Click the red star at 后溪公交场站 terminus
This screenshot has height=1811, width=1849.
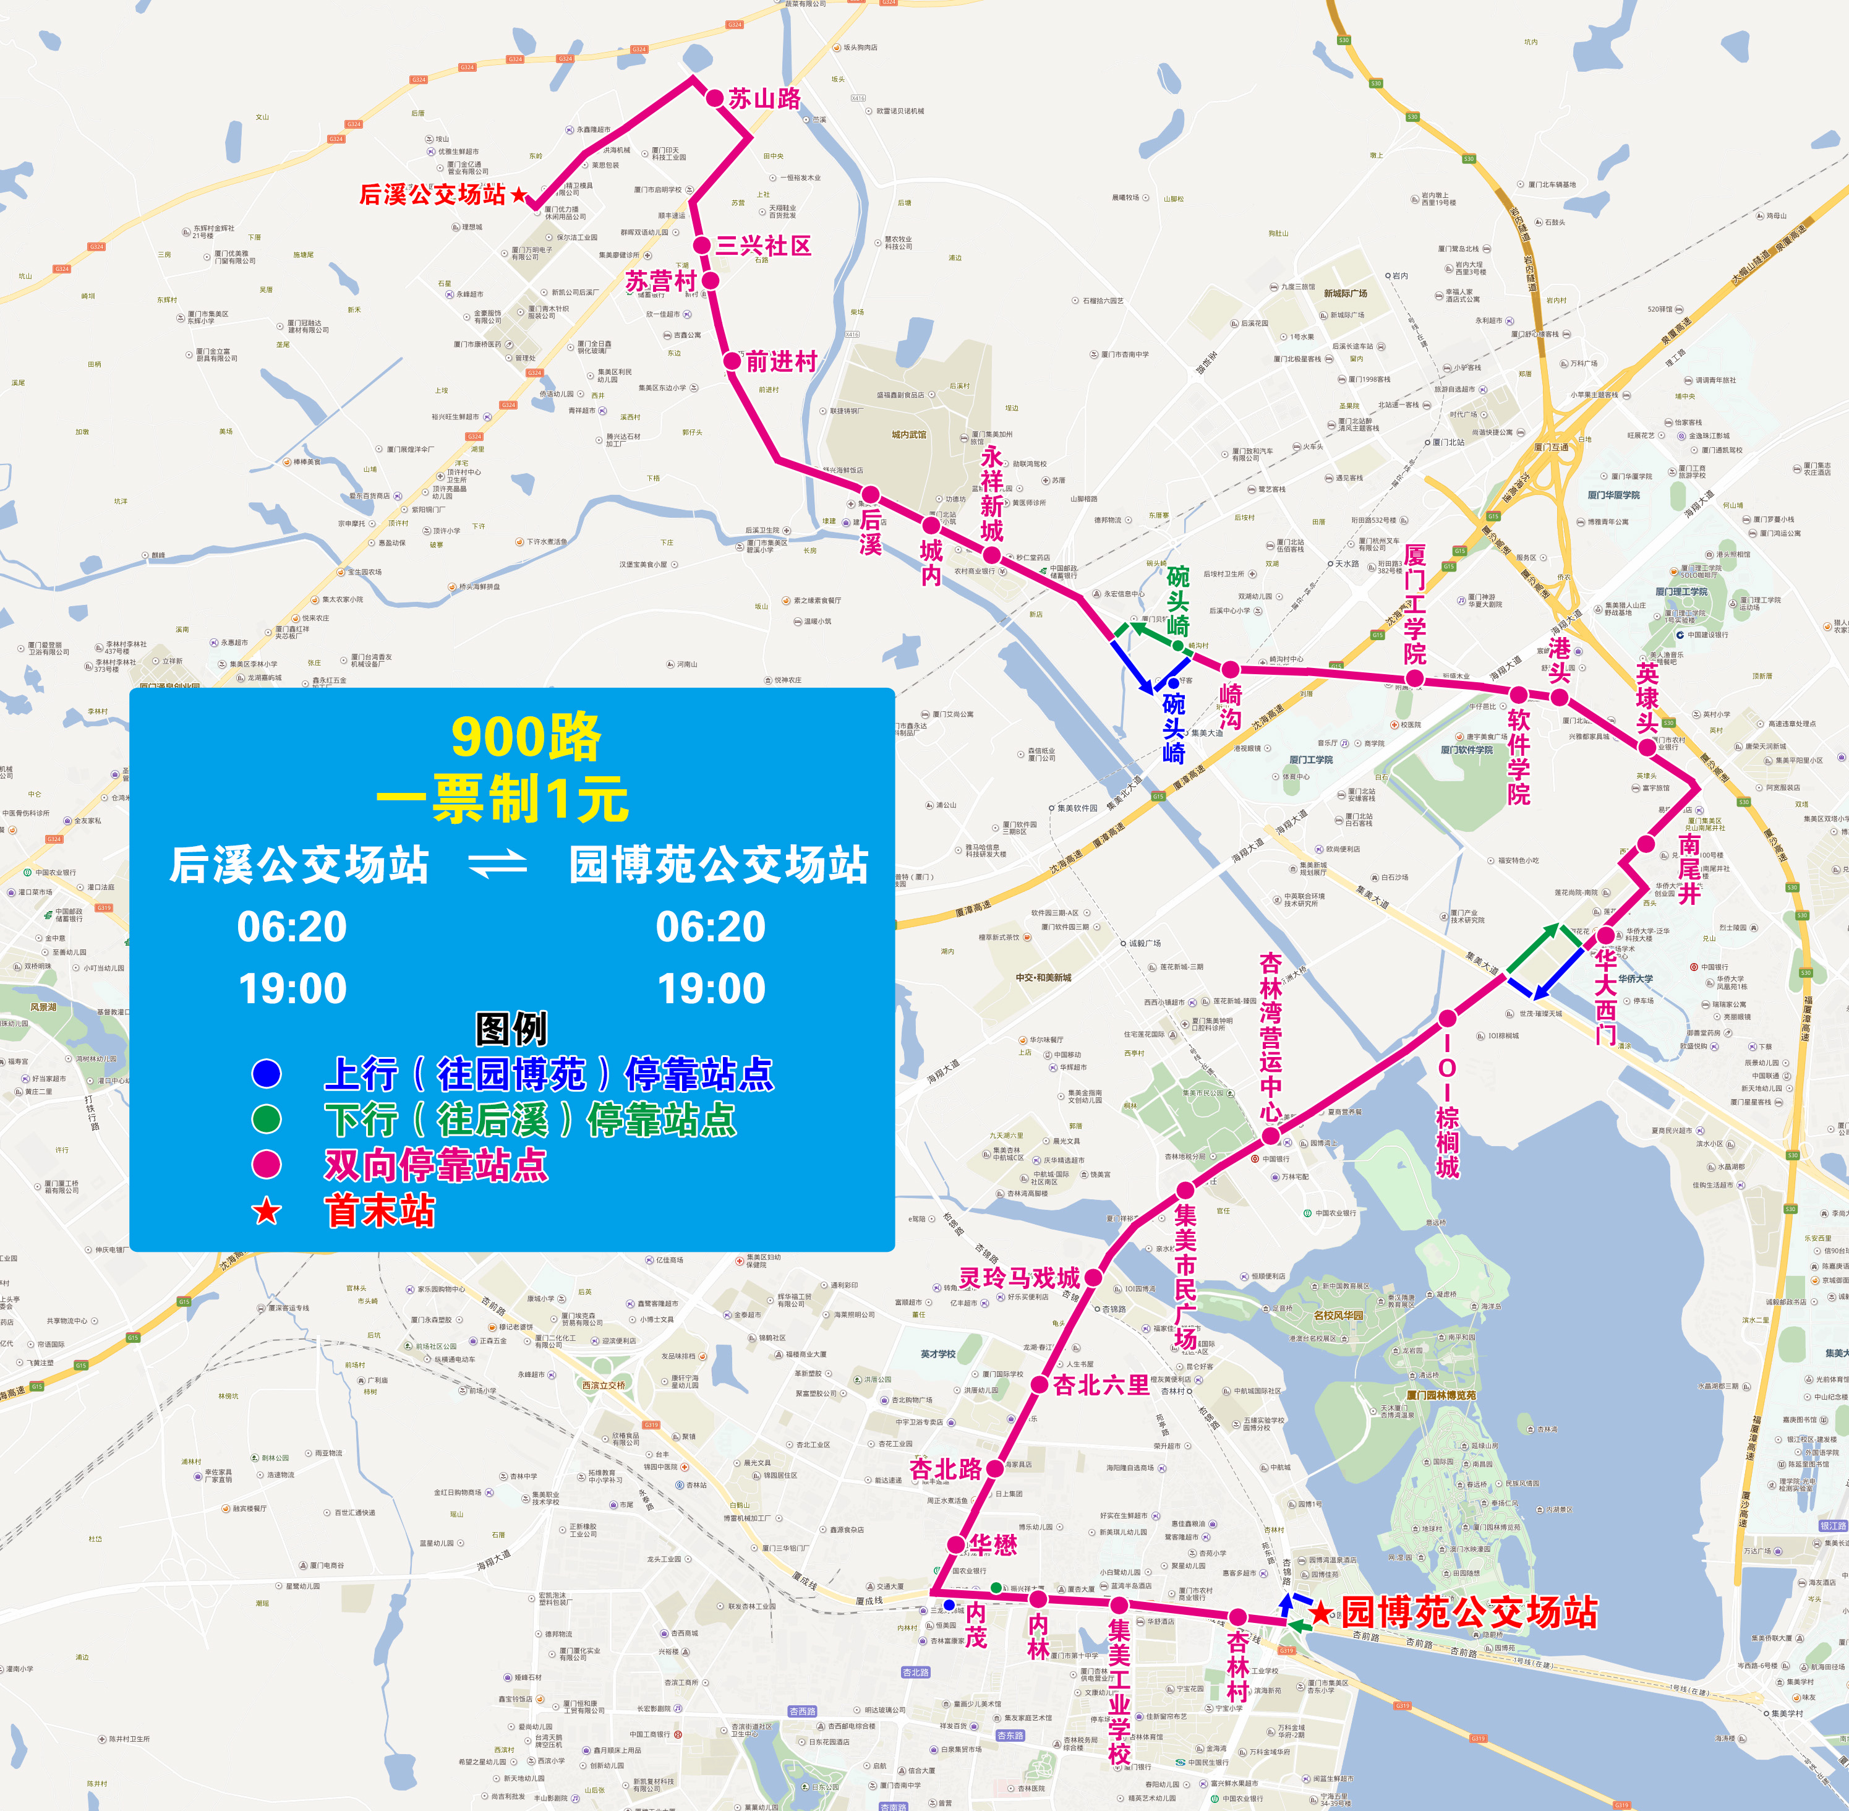tap(518, 195)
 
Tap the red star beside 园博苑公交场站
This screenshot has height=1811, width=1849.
tap(1320, 1613)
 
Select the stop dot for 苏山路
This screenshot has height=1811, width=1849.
tap(714, 98)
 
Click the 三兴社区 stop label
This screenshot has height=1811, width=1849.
tap(763, 246)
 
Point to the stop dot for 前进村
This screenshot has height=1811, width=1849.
tap(732, 361)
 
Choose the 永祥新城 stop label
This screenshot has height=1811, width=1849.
tap(992, 493)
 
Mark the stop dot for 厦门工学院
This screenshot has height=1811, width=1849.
tap(1414, 678)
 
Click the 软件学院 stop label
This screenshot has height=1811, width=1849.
tap(1518, 757)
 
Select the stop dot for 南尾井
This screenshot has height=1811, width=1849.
tap(1646, 844)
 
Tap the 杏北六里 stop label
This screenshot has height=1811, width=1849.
tap(1101, 1385)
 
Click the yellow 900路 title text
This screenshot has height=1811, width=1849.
tap(526, 737)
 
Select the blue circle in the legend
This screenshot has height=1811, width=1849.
tap(267, 1074)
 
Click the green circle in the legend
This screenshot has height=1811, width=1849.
tap(267, 1120)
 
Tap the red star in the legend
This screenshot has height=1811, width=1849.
tap(267, 1211)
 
